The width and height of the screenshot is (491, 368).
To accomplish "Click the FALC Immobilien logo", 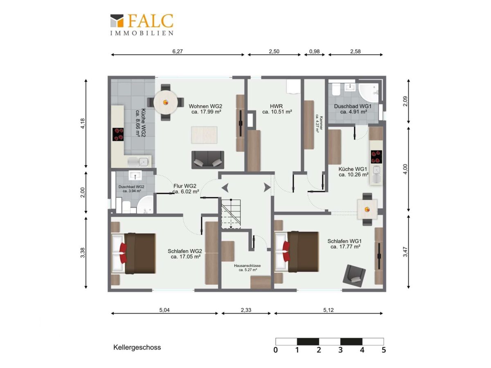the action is click(142, 25).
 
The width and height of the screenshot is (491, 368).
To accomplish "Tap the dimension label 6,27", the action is click(178, 52).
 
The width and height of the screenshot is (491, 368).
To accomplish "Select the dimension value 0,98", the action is click(314, 52).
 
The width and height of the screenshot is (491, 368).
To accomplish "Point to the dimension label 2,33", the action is click(246, 310).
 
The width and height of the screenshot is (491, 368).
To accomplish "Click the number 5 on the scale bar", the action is click(384, 350).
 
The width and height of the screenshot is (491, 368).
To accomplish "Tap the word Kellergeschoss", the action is click(137, 348).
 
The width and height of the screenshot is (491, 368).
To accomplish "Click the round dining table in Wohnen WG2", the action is click(166, 103).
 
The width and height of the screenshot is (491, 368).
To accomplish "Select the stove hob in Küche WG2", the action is click(118, 134).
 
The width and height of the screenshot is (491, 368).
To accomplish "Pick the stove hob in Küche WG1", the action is click(376, 157).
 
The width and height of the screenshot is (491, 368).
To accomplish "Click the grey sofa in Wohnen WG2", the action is click(207, 159).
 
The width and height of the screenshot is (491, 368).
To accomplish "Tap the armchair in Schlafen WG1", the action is click(354, 276).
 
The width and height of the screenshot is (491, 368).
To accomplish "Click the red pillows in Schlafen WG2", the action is click(123, 253).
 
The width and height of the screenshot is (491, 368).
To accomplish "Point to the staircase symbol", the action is click(231, 213).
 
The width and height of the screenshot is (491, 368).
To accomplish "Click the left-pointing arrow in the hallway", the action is click(225, 188).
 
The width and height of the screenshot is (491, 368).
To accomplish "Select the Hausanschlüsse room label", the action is click(248, 268).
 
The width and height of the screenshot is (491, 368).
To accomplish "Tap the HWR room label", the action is click(277, 109).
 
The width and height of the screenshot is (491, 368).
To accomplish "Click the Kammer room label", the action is click(319, 123).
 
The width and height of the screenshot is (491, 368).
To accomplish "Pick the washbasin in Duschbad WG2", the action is click(135, 175).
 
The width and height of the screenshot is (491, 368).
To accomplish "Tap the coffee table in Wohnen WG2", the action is click(204, 135).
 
